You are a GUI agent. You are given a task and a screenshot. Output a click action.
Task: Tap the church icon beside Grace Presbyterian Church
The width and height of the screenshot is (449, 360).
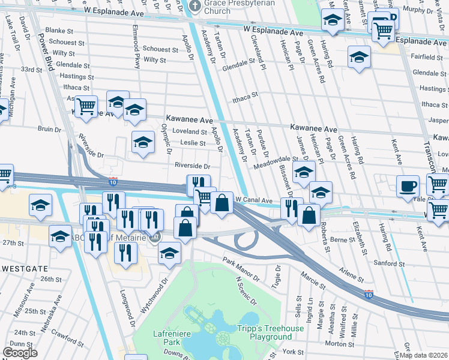pos(194,6)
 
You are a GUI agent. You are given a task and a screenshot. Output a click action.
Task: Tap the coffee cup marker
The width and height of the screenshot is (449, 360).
pos(408,185)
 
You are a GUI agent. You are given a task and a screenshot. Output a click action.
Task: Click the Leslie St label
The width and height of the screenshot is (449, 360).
pos(193,143)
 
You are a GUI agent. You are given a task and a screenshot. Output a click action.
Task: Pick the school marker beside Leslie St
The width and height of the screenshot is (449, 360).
pos(143,142)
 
